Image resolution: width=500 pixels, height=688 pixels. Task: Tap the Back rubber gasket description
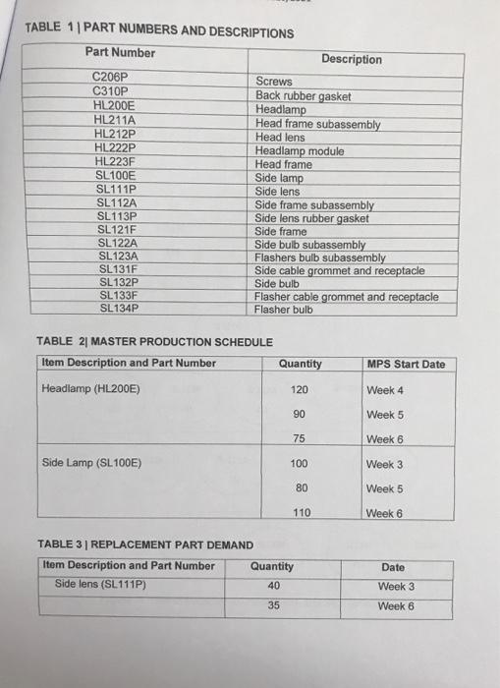[303, 96]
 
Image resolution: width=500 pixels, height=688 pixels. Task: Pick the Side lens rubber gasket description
[311, 218]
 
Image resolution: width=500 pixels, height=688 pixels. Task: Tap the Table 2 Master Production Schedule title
[154, 341]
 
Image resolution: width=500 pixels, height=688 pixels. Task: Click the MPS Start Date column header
[405, 364]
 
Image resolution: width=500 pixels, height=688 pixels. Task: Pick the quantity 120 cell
[300, 390]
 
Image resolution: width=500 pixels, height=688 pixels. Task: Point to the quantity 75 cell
[300, 439]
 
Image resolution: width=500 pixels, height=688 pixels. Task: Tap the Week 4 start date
[384, 390]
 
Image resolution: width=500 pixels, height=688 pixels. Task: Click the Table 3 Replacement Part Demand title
[144, 545]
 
